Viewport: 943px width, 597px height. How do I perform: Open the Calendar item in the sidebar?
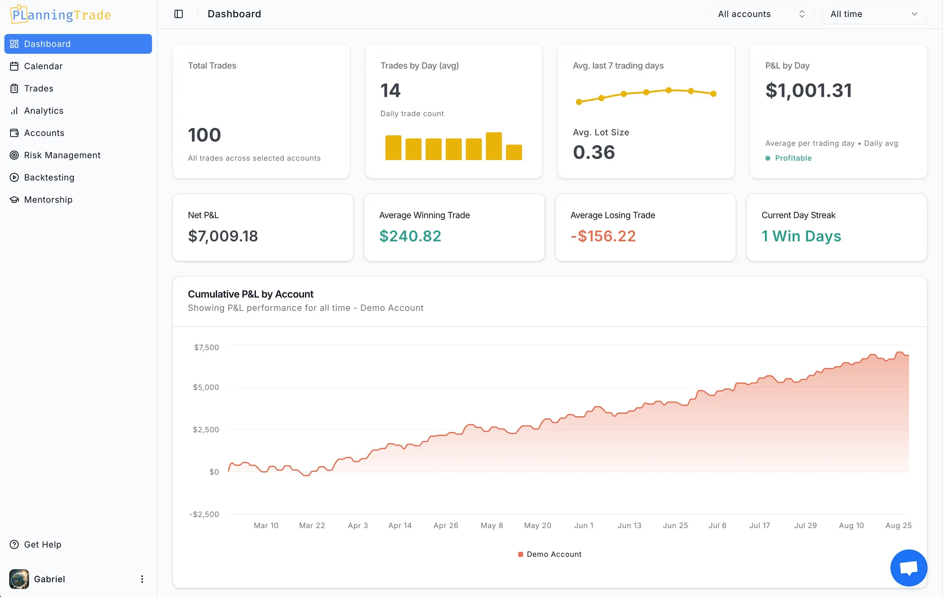pyautogui.click(x=43, y=66)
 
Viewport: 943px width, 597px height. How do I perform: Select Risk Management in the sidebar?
pyautogui.click(x=62, y=155)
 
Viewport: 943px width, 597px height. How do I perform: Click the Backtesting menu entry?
pyautogui.click(x=49, y=177)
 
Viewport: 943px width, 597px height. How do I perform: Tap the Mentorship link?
pyautogui.click(x=48, y=200)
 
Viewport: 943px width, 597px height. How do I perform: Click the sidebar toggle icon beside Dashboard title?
pyautogui.click(x=179, y=14)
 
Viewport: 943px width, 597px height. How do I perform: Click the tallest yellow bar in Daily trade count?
pyautogui.click(x=493, y=146)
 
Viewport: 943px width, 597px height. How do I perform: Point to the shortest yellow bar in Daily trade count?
pyautogui.click(x=514, y=152)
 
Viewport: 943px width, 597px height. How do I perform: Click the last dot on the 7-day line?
pyautogui.click(x=713, y=94)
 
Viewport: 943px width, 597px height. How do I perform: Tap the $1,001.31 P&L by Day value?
pyautogui.click(x=809, y=91)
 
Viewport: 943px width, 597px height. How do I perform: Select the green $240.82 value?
pyautogui.click(x=410, y=236)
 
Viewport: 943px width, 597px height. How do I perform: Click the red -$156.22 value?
pyautogui.click(x=603, y=236)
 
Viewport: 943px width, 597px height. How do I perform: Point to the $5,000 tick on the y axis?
pyautogui.click(x=206, y=387)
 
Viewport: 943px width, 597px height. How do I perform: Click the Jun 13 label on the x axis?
pyautogui.click(x=629, y=526)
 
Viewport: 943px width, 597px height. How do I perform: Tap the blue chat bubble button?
pyautogui.click(x=908, y=568)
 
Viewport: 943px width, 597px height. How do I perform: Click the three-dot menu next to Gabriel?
pyautogui.click(x=142, y=579)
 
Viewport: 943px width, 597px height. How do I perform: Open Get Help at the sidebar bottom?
pyautogui.click(x=42, y=544)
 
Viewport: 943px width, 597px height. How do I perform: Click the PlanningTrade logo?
pyautogui.click(x=61, y=15)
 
